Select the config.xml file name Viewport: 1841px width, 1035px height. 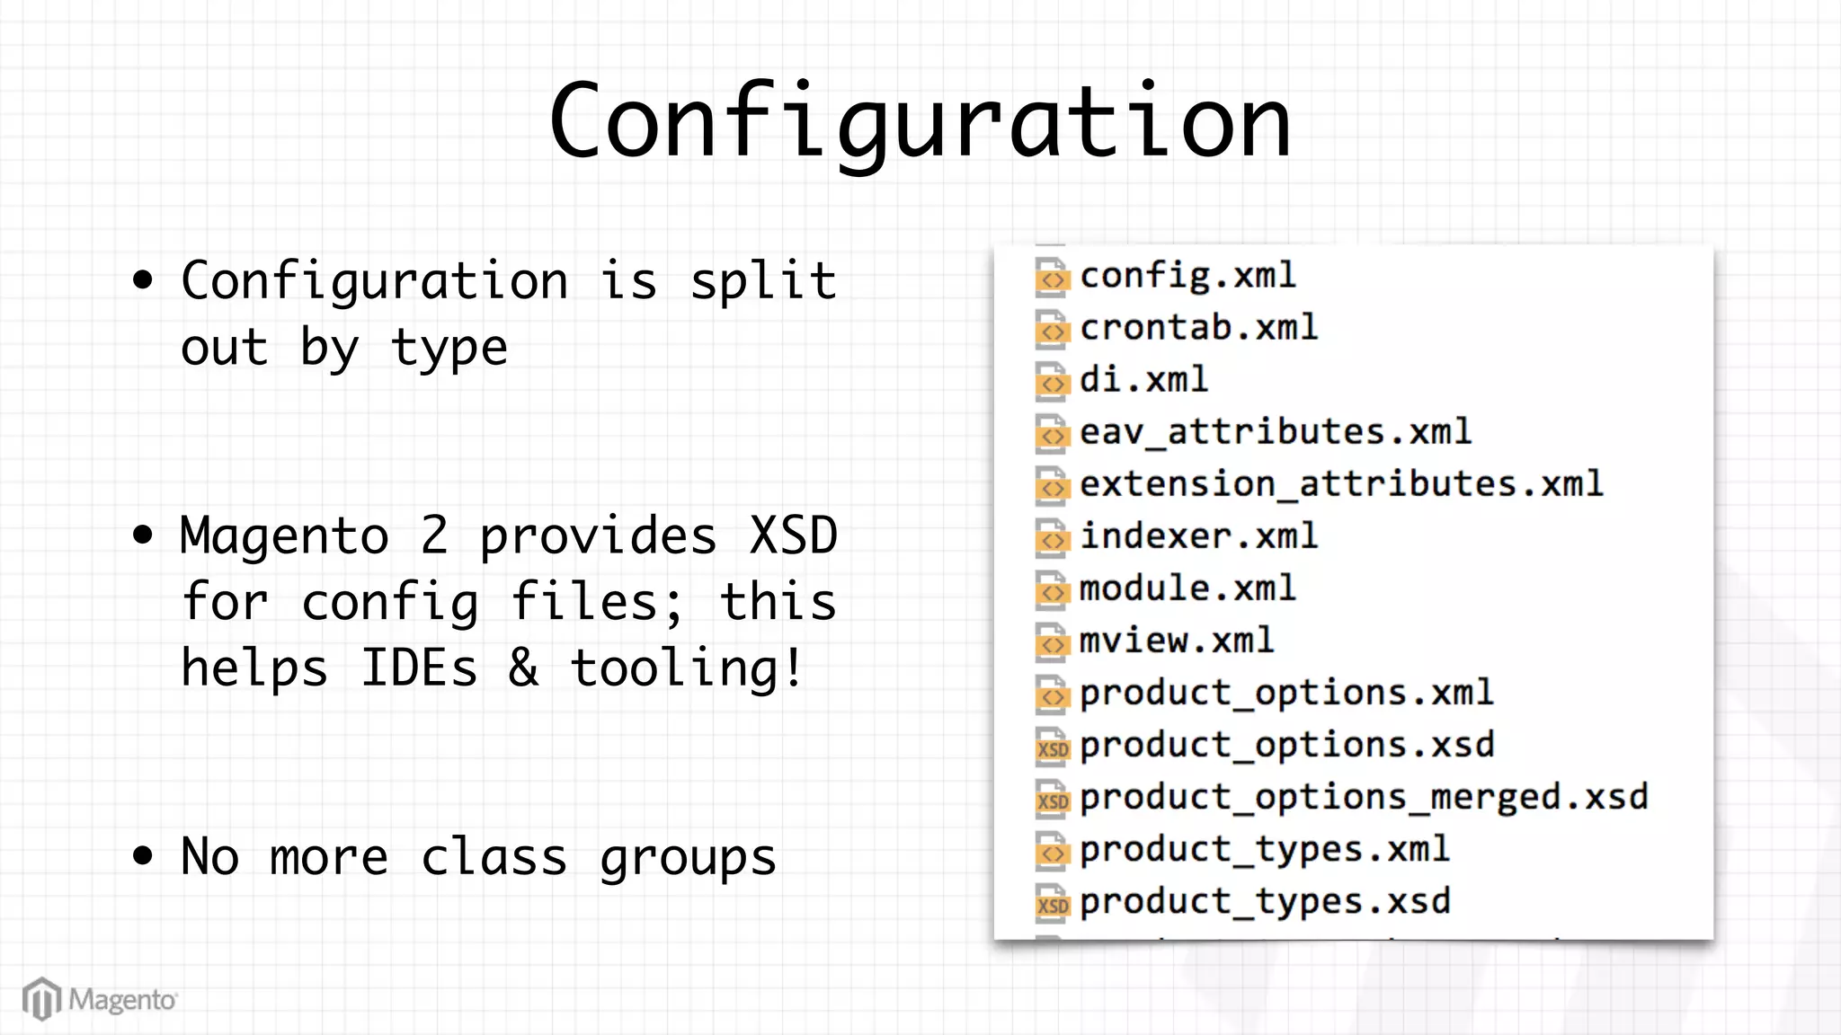click(x=1187, y=275)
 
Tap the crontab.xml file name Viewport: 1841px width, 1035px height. click(x=1198, y=327)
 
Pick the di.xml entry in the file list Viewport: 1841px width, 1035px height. click(x=1143, y=379)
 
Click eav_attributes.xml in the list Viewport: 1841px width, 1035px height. click(x=1275, y=432)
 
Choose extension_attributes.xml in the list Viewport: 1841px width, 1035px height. click(x=1340, y=484)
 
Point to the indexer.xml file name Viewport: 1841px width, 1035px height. click(x=1198, y=536)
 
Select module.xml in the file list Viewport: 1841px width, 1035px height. click(x=1187, y=588)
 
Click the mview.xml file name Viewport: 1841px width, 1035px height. click(x=1176, y=641)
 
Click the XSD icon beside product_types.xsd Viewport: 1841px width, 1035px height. click(x=1053, y=902)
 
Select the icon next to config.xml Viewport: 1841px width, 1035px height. click(x=1053, y=278)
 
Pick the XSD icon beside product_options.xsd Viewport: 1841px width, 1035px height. click(x=1053, y=747)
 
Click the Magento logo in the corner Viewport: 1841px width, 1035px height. click(x=100, y=999)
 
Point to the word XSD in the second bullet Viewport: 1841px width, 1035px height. click(x=794, y=536)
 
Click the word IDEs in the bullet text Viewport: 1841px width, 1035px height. click(x=419, y=668)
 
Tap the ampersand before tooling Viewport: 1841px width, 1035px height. click(x=524, y=668)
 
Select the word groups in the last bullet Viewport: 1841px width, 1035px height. click(x=688, y=858)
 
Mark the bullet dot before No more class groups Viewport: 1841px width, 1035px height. click(x=142, y=855)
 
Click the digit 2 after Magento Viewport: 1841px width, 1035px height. click(x=434, y=536)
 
